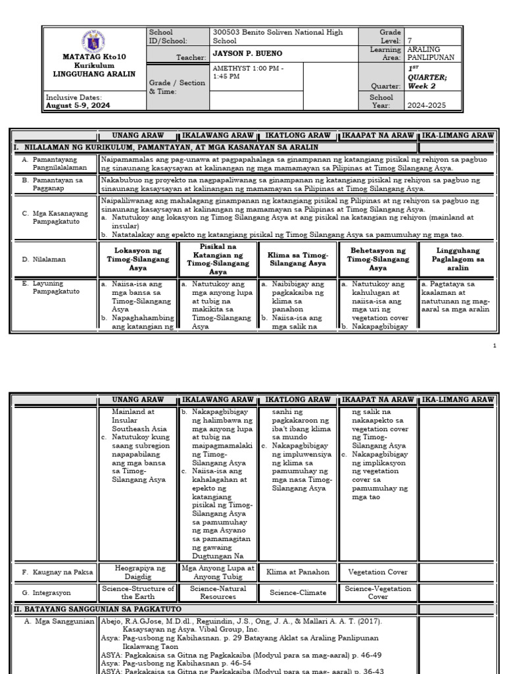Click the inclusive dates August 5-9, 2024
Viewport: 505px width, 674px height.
78,105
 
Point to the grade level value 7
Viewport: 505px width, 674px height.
410,40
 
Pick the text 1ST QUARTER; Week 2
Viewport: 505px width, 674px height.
428,77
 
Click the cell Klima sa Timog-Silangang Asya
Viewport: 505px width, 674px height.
298,259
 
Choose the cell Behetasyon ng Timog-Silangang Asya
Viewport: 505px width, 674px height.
378,259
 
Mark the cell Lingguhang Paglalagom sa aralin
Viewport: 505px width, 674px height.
458,259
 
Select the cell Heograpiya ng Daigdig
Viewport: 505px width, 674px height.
139,572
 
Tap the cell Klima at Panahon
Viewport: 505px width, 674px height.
298,572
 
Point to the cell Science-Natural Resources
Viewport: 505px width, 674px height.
218,592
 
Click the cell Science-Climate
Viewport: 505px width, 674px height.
298,592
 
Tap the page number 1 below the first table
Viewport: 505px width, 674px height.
494,346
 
